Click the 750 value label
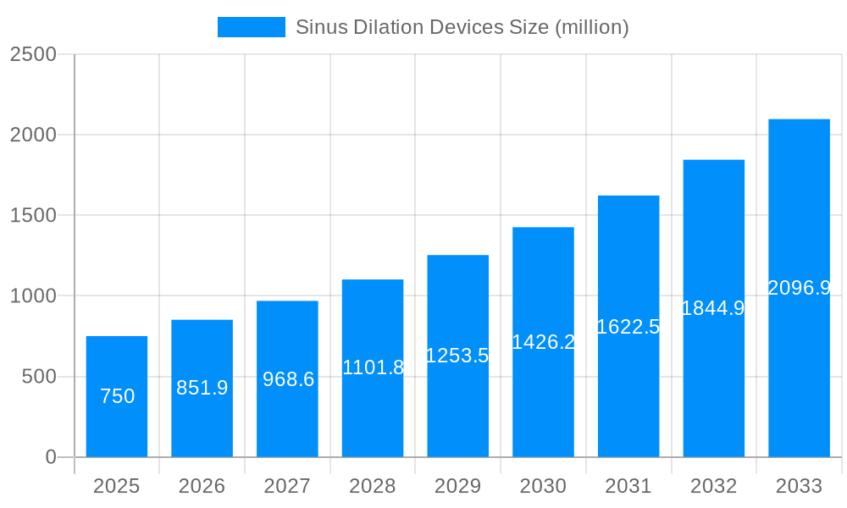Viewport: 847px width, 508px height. point(117,396)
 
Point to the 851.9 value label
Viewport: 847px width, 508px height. point(202,388)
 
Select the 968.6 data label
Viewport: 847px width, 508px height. point(288,379)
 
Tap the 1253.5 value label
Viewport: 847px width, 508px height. point(457,356)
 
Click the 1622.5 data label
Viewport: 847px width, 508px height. point(628,327)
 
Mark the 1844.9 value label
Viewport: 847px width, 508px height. point(713,308)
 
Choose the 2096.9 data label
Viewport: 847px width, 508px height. point(799,288)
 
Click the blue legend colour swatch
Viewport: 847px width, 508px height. point(251,27)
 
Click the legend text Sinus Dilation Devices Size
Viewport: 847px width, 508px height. point(462,27)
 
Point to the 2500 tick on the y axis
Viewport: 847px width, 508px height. point(33,54)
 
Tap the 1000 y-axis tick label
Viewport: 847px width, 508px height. point(33,296)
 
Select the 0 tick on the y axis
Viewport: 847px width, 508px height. point(50,457)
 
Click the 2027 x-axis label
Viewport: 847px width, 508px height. point(287,486)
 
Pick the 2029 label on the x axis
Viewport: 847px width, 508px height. point(457,486)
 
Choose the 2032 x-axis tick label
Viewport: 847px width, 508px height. point(713,486)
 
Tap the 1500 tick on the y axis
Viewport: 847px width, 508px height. point(33,216)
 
